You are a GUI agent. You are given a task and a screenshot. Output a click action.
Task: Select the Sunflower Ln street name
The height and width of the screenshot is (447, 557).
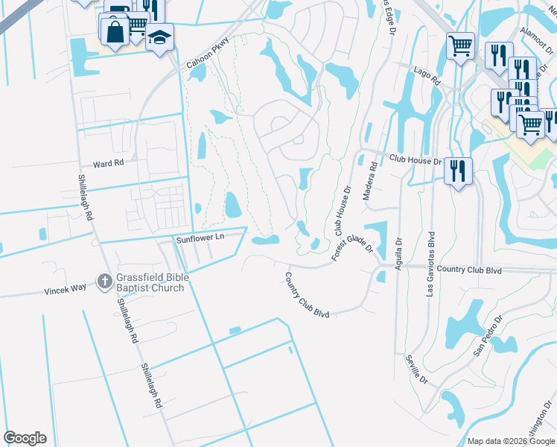(x=200, y=239)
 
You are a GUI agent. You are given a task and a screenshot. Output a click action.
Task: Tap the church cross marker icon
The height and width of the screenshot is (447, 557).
(x=104, y=282)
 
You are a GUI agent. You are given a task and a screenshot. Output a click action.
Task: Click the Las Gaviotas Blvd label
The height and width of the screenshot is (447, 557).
(x=430, y=264)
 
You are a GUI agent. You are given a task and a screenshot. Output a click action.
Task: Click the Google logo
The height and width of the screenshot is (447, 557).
(x=25, y=438)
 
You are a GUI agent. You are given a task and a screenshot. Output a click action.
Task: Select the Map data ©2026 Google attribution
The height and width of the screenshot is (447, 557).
(x=510, y=441)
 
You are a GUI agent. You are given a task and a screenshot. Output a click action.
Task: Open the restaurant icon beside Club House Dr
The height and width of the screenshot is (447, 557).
(x=458, y=170)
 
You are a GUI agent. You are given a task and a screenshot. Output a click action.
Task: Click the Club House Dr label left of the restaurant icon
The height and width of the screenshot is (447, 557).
(x=416, y=159)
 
